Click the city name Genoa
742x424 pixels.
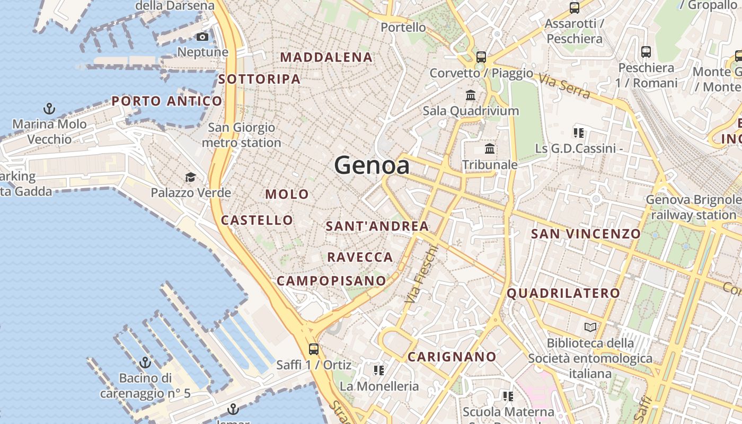[x=372, y=166]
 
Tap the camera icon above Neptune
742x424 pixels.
[x=202, y=37]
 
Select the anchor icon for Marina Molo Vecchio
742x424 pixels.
[x=49, y=109]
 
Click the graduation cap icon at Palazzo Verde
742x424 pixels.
[x=190, y=177]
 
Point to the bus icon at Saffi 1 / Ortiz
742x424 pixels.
[x=314, y=349]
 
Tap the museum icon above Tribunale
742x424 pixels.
[x=490, y=148]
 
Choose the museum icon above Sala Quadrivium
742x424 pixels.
[x=471, y=95]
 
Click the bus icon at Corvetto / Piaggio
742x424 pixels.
[x=481, y=57]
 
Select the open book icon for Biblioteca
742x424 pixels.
[x=590, y=327]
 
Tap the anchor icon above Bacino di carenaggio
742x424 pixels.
[x=145, y=363]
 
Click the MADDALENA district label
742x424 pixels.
[x=326, y=57]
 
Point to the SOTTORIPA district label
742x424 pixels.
[x=260, y=79]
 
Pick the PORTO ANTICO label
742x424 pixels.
[x=167, y=101]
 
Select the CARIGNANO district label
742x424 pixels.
[x=452, y=357]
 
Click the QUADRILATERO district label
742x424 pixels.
[x=563, y=293]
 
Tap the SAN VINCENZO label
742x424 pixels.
[x=586, y=234]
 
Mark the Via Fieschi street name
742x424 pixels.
[x=422, y=274]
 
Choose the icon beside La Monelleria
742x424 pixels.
[x=378, y=370]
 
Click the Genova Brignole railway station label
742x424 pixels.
[x=693, y=207]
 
